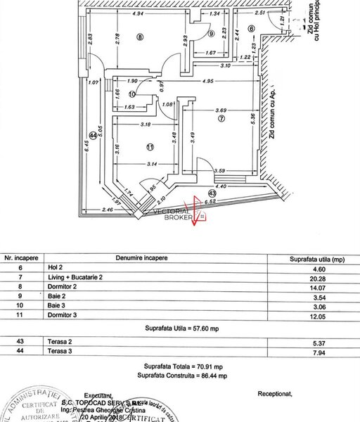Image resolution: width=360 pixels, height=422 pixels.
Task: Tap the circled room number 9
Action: (212, 33)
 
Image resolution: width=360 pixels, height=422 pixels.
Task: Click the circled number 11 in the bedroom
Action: (149, 146)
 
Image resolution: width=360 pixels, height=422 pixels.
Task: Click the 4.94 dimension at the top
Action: (139, 13)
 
